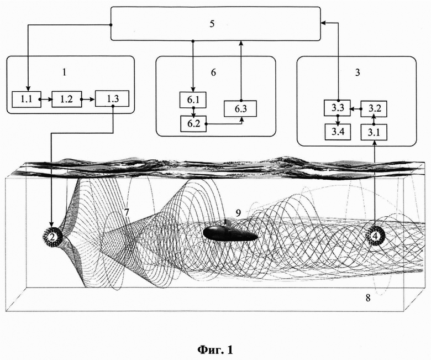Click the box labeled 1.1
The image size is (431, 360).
tap(26, 101)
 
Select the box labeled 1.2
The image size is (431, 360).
tap(66, 101)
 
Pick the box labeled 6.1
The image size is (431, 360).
tap(193, 101)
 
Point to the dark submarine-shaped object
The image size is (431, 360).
tap(230, 233)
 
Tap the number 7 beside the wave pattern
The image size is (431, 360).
tap(127, 212)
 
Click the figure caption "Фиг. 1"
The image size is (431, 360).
tap(215, 349)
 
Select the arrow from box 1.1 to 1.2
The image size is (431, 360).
tap(46, 101)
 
